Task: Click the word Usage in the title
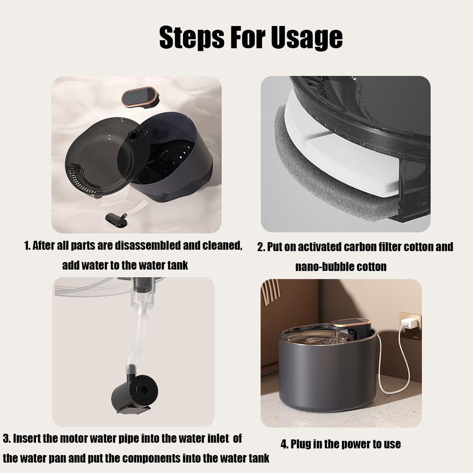307,38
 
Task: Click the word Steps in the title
192,38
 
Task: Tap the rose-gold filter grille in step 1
140,96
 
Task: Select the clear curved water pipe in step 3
137,338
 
